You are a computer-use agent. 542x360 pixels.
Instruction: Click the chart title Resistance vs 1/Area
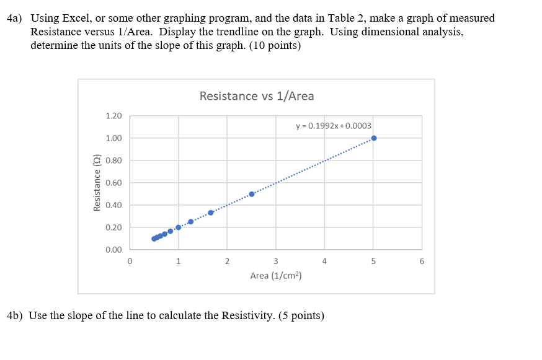[257, 96]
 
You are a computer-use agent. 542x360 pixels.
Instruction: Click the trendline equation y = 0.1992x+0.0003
[334, 126]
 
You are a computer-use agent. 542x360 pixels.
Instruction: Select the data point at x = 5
[373, 138]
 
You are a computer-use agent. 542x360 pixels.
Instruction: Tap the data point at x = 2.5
[251, 194]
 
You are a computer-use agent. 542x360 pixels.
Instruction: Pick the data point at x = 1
[179, 227]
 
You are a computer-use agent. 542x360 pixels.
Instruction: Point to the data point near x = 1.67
[211, 213]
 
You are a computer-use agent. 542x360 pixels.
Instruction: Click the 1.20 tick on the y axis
[113, 116]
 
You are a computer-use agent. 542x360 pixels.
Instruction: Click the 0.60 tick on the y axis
[113, 183]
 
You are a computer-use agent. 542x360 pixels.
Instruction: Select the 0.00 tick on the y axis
[113, 250]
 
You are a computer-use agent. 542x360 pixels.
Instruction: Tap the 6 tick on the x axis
[422, 261]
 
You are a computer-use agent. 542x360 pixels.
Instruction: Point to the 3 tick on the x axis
[275, 261]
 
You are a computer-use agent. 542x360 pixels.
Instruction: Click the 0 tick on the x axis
[130, 261]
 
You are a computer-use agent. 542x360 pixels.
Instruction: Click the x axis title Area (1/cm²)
[275, 275]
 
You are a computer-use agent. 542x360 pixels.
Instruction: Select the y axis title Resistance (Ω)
[97, 183]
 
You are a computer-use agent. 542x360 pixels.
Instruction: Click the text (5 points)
[301, 315]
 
